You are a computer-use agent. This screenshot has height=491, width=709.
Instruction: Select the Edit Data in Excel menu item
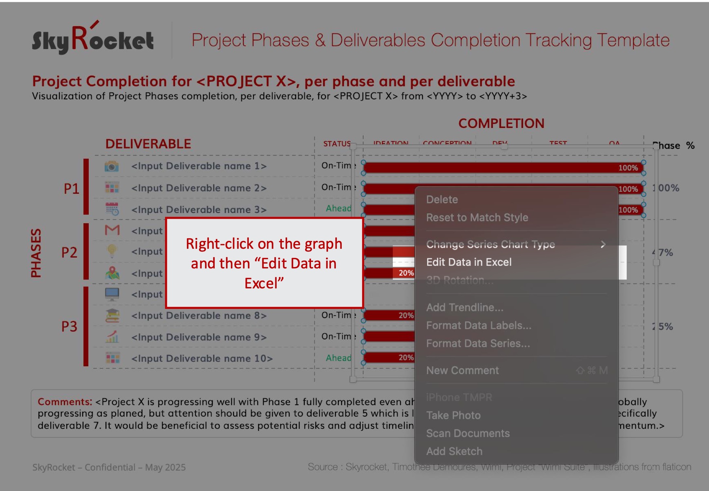click(x=469, y=262)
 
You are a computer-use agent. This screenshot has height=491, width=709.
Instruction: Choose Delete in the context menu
click(x=442, y=200)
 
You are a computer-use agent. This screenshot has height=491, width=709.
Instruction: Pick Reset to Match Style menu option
click(x=477, y=218)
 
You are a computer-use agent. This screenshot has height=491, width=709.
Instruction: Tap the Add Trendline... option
click(x=464, y=308)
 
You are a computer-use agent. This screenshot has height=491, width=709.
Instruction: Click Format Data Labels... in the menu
click(x=479, y=326)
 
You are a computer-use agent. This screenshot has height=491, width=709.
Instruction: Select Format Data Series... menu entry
click(x=478, y=344)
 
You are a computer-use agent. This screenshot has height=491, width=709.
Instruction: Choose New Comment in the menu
click(x=462, y=371)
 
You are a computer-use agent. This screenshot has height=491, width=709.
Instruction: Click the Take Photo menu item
click(x=453, y=415)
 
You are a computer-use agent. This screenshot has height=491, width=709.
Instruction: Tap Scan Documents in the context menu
click(x=468, y=433)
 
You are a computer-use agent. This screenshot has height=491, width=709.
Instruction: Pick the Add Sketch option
click(x=454, y=451)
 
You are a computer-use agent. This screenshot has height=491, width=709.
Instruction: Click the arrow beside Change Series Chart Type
click(x=603, y=245)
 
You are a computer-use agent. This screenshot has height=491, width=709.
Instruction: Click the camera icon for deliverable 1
click(x=112, y=166)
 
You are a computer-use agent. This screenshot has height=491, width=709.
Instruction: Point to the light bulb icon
click(x=112, y=251)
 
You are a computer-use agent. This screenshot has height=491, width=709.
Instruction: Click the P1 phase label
click(x=71, y=189)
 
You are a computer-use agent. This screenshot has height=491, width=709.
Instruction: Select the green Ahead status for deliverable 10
click(x=338, y=358)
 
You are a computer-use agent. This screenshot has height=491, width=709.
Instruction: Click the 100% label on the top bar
click(x=628, y=168)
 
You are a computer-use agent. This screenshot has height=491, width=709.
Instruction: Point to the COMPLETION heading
click(x=501, y=124)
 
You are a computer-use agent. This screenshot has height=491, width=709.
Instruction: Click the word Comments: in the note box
click(x=65, y=402)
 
